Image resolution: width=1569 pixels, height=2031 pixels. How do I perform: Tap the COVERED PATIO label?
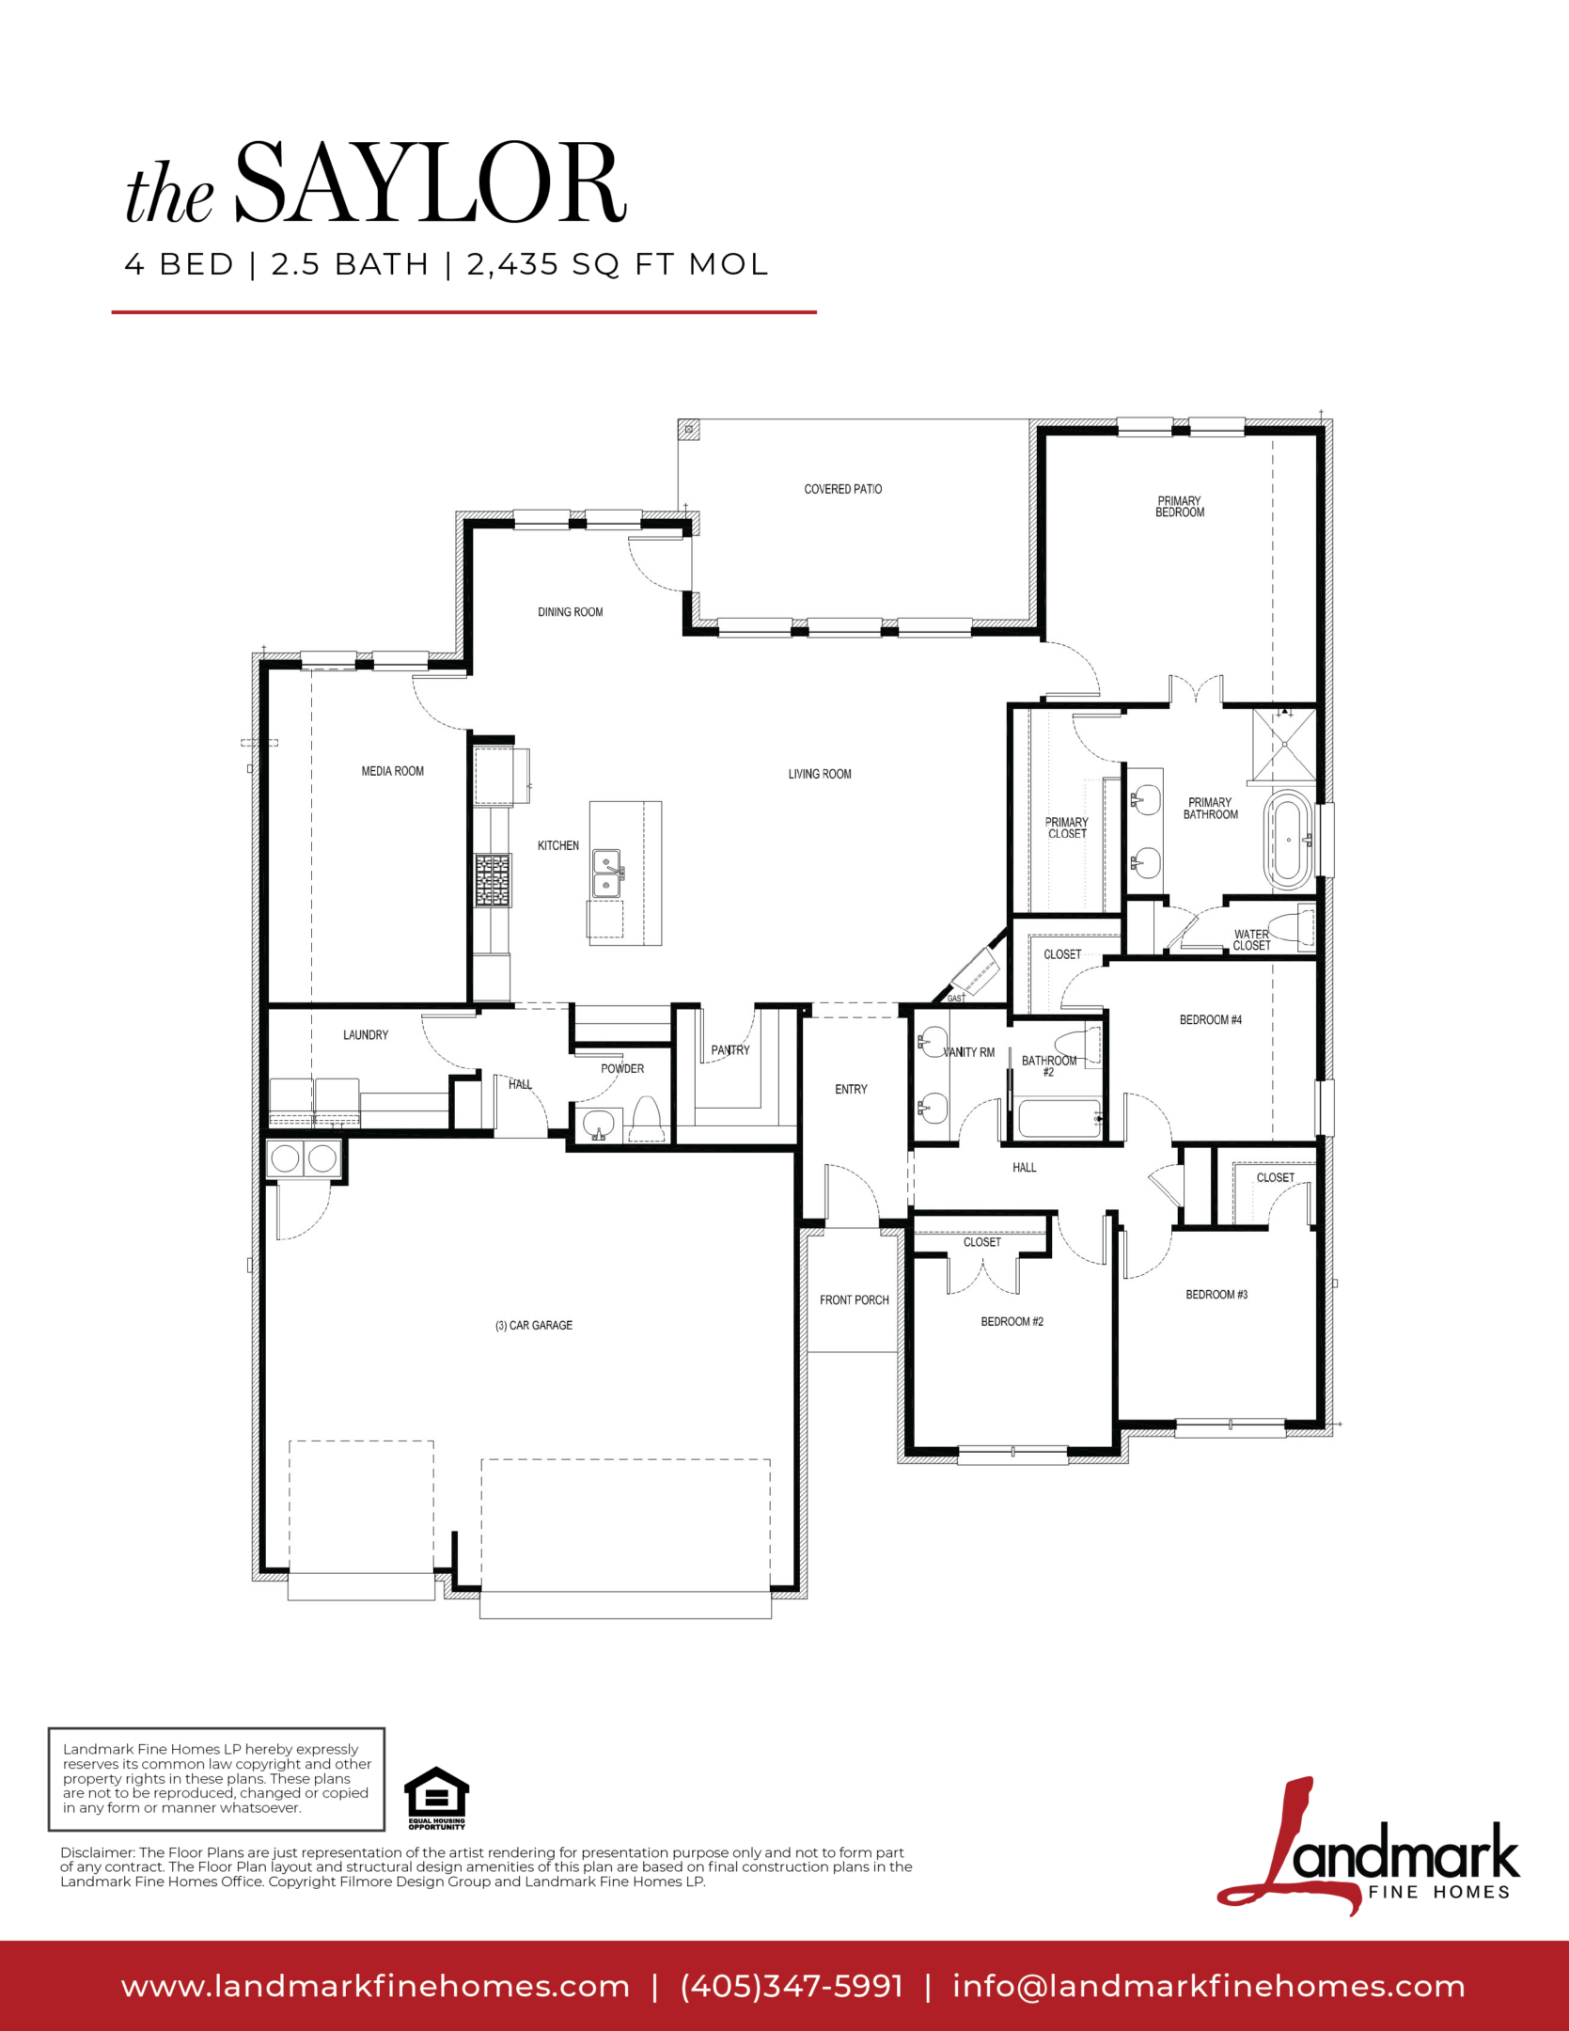pyautogui.click(x=843, y=489)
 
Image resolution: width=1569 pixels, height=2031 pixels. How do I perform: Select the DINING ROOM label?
pyautogui.click(x=571, y=612)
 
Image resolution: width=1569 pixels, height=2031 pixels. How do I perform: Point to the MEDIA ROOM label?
pyautogui.click(x=393, y=771)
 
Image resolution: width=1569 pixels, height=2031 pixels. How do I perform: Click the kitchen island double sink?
pyautogui.click(x=606, y=874)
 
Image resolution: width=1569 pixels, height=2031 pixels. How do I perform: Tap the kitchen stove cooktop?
pyautogui.click(x=493, y=880)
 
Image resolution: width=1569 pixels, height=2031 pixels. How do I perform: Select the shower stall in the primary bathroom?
pyautogui.click(x=1284, y=744)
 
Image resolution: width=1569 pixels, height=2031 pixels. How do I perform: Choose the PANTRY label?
pyautogui.click(x=730, y=1050)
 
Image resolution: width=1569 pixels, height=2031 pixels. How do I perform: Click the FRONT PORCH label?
pyautogui.click(x=855, y=1300)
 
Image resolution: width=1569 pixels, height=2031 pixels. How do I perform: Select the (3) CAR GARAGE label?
pyautogui.click(x=534, y=1326)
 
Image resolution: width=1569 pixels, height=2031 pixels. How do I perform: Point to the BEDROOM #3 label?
pyautogui.click(x=1216, y=1295)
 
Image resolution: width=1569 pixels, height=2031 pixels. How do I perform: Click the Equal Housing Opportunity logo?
pyautogui.click(x=436, y=1798)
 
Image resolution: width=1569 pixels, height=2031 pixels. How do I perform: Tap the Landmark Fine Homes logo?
pyautogui.click(x=1368, y=1846)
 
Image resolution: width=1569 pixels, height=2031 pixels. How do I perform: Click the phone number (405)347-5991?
pyautogui.click(x=792, y=1986)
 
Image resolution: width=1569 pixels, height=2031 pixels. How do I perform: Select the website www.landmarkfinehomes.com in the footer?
pyautogui.click(x=375, y=1987)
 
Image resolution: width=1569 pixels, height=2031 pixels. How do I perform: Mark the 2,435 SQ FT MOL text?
pyautogui.click(x=618, y=264)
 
